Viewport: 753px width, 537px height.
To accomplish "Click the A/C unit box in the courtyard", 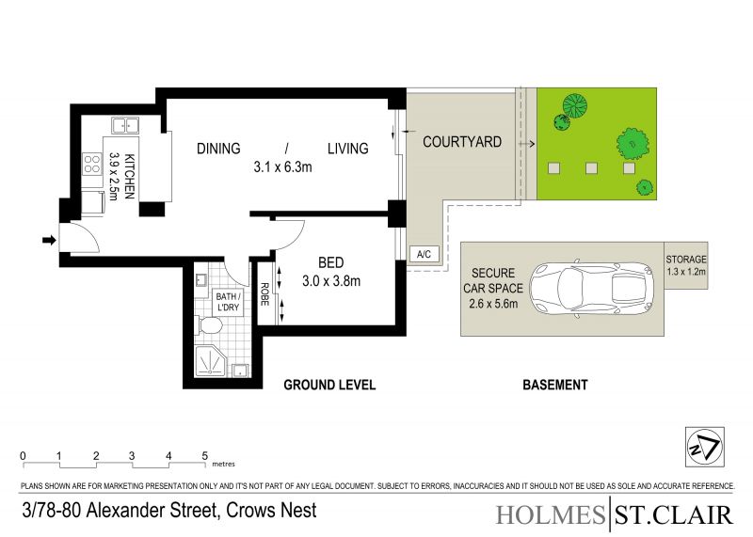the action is (x=425, y=254).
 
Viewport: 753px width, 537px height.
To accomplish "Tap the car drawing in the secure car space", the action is (x=592, y=288).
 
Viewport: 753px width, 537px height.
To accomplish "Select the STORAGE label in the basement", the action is (x=686, y=260).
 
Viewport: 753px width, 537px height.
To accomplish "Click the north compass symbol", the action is (x=704, y=447).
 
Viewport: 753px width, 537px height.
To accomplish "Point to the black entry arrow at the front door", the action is (x=49, y=240).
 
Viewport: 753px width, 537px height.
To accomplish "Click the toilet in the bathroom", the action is (x=209, y=325).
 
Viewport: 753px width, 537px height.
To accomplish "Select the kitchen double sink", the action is (x=125, y=126).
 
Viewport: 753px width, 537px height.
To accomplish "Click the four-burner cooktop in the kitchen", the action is (x=91, y=163).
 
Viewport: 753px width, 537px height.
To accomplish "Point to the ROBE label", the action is (x=264, y=293).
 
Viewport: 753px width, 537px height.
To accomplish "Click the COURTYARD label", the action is (x=462, y=142).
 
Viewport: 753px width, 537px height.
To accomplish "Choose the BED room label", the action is (x=331, y=262).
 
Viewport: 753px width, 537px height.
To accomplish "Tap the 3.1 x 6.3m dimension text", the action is (x=283, y=167).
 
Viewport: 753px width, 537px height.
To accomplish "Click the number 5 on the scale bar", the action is (x=205, y=455).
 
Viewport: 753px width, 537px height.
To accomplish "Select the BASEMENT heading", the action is (x=555, y=385).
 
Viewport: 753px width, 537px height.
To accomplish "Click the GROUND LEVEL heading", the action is (x=329, y=385).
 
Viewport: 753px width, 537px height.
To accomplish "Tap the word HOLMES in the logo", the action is (x=551, y=515).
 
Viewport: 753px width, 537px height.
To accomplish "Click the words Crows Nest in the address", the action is (x=271, y=510).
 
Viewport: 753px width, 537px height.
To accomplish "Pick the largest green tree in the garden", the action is (x=633, y=144).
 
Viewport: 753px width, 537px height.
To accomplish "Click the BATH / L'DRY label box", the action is (x=228, y=302).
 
